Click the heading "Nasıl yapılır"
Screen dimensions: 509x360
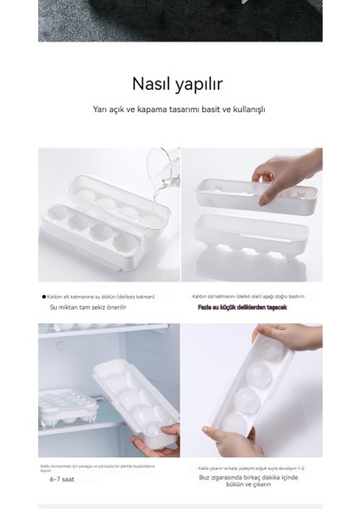pyautogui.click(x=179, y=83)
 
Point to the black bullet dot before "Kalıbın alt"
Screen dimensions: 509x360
pyautogui.click(x=44, y=296)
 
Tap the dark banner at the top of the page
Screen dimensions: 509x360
pyautogui.click(x=179, y=20)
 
